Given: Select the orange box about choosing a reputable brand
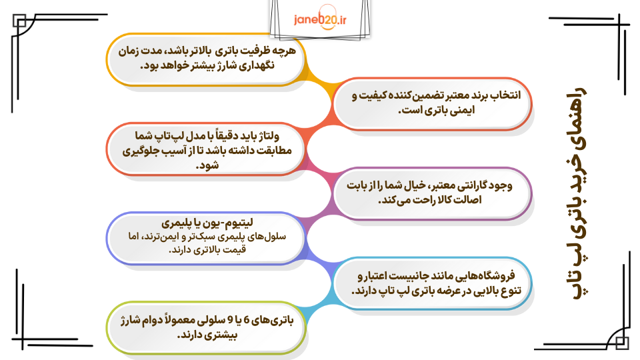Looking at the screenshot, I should (433, 103).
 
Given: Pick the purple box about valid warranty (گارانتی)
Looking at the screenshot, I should (433, 193).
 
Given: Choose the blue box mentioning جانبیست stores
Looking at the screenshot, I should (433, 283).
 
